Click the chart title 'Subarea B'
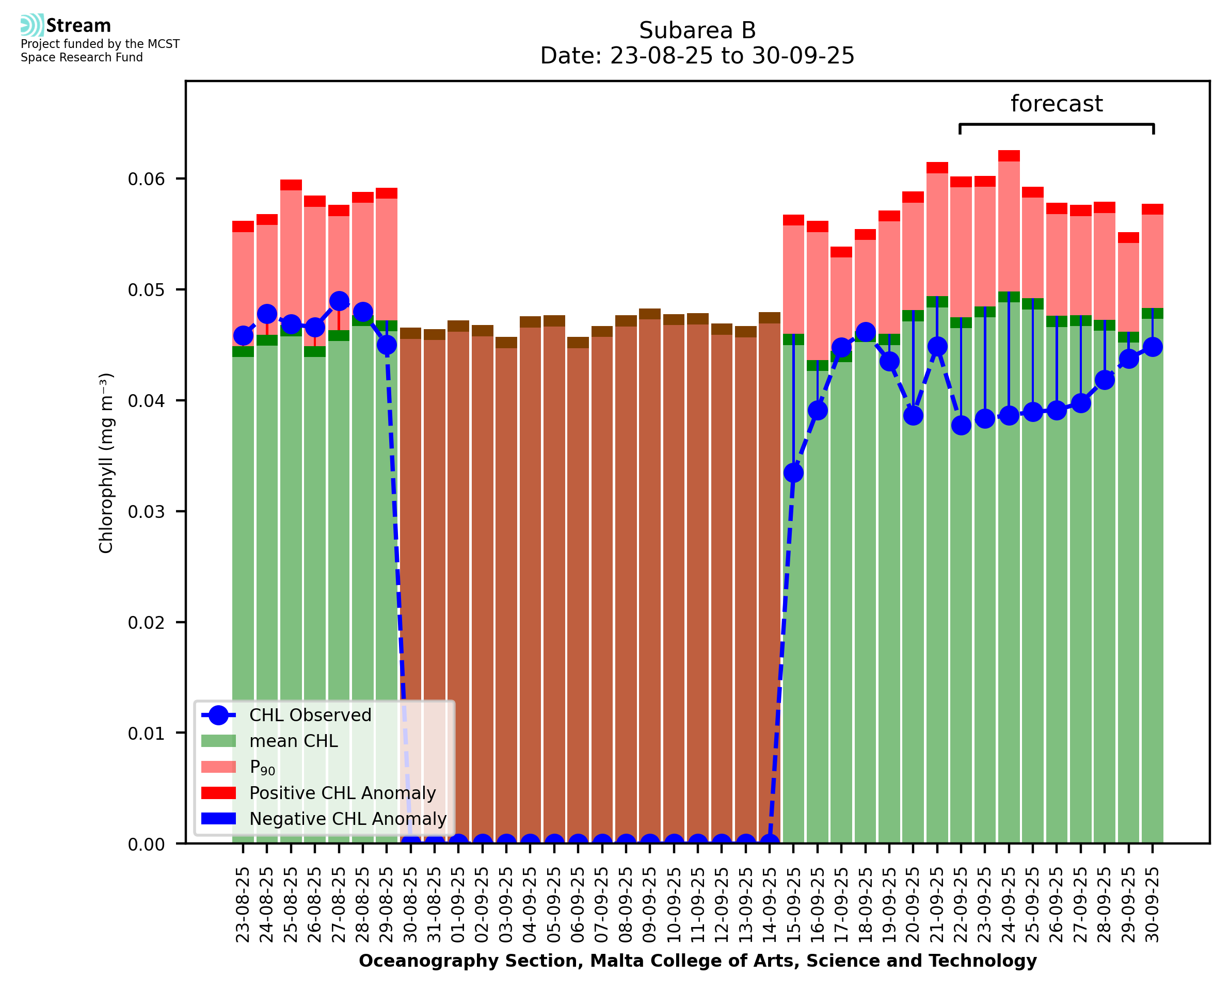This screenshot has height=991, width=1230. (697, 30)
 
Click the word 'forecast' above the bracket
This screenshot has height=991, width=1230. (1056, 104)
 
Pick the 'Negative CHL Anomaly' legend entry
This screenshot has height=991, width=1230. (347, 819)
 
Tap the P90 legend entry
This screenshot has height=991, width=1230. (262, 767)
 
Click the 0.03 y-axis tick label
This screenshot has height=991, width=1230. (146, 511)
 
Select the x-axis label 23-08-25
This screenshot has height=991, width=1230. (243, 905)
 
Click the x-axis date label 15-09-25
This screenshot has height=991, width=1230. (793, 905)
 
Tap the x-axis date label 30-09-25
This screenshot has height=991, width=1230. (1153, 905)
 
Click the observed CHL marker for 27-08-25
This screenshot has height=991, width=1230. (339, 301)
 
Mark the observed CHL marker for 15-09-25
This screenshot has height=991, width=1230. (793, 473)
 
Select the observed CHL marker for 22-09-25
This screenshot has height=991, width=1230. (961, 425)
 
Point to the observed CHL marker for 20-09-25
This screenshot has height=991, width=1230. (913, 415)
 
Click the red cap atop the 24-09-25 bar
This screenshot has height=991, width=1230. (1009, 156)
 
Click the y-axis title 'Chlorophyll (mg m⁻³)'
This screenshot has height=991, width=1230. (106, 463)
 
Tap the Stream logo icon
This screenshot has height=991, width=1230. (32, 25)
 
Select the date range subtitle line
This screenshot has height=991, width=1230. (697, 56)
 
